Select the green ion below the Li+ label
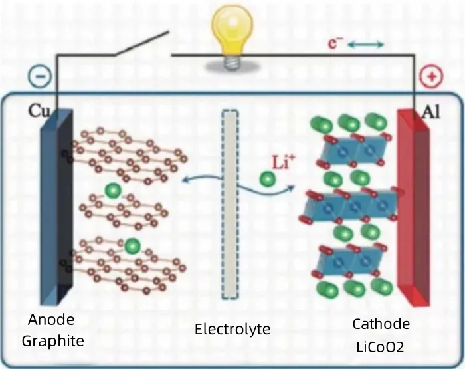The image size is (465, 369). coord(268,180)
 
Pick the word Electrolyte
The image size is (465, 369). coord(232,329)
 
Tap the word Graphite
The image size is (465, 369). coord(53,342)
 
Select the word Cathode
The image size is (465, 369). coord(381,324)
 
